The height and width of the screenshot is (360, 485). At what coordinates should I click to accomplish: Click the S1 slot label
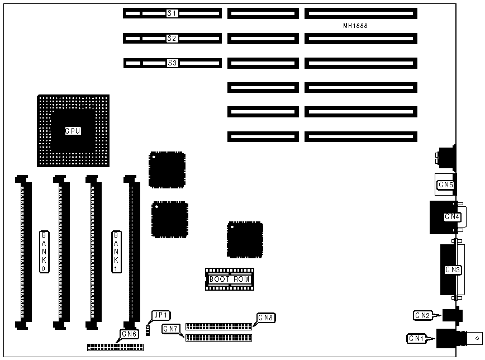(172, 13)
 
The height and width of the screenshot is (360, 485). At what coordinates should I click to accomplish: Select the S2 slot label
(172, 39)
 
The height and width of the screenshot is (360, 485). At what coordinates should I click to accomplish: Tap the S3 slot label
(172, 63)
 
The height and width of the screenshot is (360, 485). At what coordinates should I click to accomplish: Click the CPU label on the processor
(73, 131)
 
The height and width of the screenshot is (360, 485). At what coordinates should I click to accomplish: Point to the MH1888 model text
(355, 26)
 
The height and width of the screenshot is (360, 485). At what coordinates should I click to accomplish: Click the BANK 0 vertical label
(44, 251)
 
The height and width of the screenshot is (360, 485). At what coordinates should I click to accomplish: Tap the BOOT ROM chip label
(230, 278)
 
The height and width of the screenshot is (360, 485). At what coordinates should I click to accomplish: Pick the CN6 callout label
(129, 334)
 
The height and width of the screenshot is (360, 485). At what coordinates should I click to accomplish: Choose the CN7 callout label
(170, 329)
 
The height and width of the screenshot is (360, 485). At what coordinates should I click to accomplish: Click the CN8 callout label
(265, 318)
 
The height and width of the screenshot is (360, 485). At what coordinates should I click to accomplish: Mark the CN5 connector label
(445, 184)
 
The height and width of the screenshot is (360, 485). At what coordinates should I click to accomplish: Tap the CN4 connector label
(452, 216)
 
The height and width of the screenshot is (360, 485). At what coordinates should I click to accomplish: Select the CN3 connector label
(453, 270)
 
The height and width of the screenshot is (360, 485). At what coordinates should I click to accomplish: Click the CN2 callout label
(422, 316)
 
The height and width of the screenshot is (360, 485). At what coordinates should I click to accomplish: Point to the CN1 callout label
(416, 338)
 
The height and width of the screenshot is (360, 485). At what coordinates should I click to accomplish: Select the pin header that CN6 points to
(115, 347)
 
